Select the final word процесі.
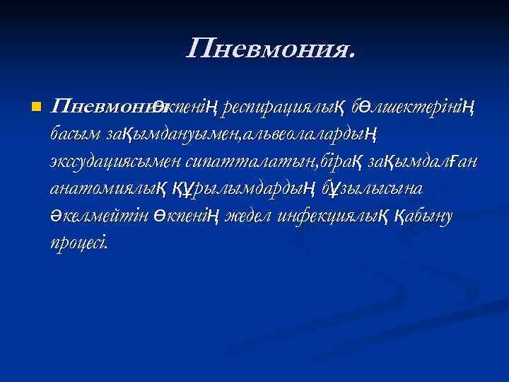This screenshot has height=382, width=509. coord(78,243)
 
